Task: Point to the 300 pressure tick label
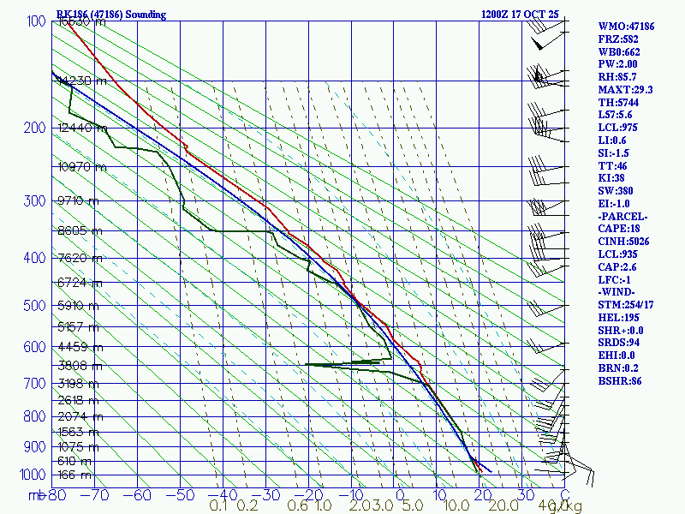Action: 35,201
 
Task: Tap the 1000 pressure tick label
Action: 33,475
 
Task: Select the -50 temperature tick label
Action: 182,495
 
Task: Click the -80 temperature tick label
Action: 57,495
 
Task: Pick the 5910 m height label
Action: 80,304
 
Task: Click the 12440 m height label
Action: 83,128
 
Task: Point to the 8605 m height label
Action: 80,231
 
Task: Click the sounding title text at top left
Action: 111,15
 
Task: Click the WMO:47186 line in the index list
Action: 627,26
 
